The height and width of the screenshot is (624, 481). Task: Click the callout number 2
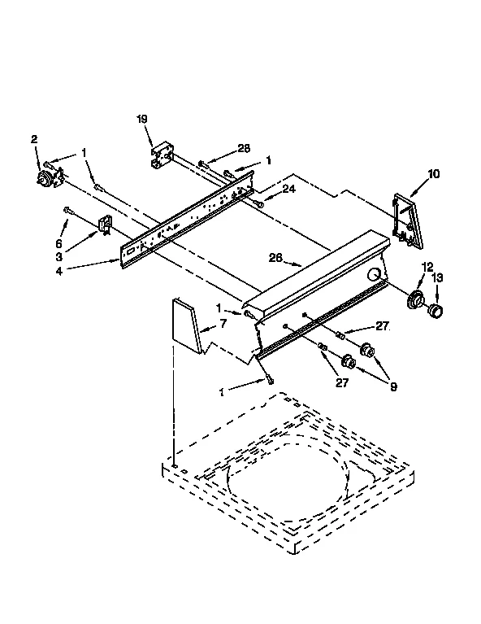tap(34, 140)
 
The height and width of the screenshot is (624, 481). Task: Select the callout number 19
tap(141, 119)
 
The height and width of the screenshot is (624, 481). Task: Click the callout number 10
tap(433, 173)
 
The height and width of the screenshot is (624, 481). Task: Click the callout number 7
tap(223, 325)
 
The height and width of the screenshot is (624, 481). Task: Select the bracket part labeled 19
tap(162, 155)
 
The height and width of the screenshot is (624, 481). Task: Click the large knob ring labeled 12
tap(417, 300)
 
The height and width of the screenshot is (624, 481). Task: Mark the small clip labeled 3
tap(105, 225)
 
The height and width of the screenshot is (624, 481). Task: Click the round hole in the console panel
tap(375, 277)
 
